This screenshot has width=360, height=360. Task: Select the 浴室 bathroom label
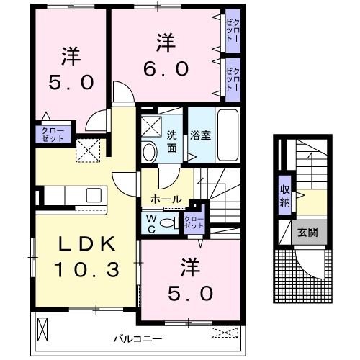(x=199, y=134)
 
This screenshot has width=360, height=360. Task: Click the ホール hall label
(x=166, y=199)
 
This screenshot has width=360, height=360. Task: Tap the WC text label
(x=151, y=222)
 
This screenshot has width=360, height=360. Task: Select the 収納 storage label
(x=286, y=195)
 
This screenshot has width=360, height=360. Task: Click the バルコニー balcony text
(x=138, y=337)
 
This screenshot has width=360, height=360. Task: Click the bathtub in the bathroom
(x=230, y=135)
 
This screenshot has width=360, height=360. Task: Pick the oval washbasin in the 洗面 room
(x=149, y=151)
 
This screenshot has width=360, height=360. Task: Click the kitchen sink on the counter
(x=94, y=195)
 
